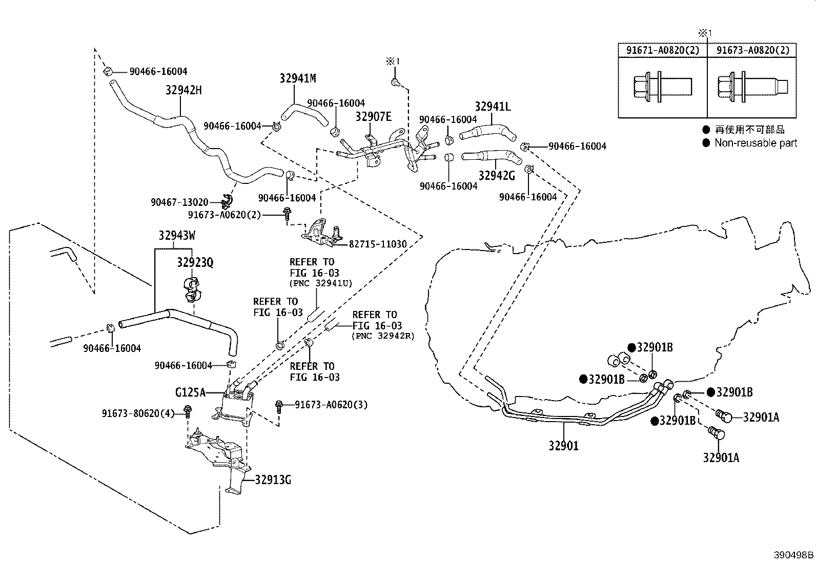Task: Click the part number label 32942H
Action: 183,90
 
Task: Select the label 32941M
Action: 298,78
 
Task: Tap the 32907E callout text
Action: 373,116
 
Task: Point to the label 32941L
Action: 493,107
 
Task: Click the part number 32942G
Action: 497,176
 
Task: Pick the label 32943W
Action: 177,236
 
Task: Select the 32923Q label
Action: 195,262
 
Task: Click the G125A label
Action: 190,392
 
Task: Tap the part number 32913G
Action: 273,480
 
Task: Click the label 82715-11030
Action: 378,244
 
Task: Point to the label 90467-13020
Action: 179,202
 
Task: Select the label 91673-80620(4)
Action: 138,413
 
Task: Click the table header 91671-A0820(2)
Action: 663,50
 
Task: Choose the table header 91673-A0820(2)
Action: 752,50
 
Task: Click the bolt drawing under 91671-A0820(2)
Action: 662,88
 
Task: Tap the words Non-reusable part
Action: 756,143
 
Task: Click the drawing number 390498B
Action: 793,555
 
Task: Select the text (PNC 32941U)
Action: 321,283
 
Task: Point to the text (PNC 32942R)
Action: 383,336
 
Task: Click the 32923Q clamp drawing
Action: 192,289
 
